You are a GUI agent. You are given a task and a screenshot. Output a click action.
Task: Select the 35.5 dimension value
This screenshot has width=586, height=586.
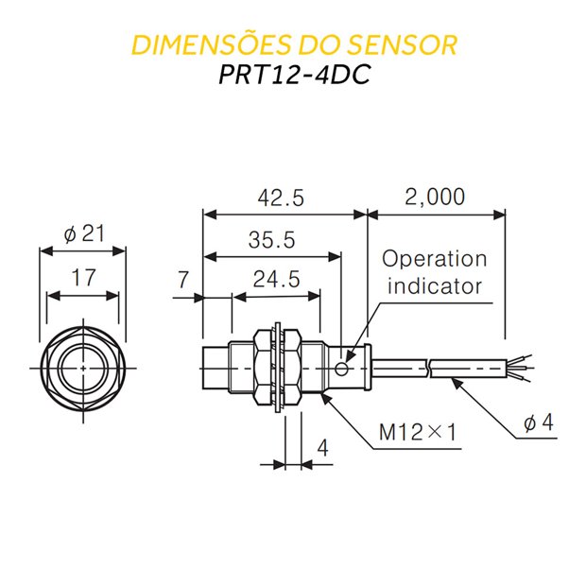coord(271,240)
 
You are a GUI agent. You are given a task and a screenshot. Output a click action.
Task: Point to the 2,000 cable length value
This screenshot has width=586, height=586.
coord(434,197)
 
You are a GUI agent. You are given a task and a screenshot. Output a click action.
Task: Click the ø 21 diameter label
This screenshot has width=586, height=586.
coord(84,234)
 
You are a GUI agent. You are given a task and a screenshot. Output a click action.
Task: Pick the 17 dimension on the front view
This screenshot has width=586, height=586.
coord(83,278)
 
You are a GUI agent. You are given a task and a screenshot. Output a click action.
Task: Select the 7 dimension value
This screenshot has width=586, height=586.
coord(182,279)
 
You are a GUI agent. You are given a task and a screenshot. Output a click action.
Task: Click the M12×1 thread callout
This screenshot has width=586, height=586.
coord(418,432)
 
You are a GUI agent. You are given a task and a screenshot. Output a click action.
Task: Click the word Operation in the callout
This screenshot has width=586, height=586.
coord(435,259)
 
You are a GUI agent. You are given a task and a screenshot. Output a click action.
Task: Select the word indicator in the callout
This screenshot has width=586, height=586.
coord(436,285)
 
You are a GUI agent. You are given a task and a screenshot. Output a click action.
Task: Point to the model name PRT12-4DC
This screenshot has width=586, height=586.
coord(293,75)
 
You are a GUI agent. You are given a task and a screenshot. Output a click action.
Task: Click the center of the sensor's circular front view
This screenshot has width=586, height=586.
coord(83,367)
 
